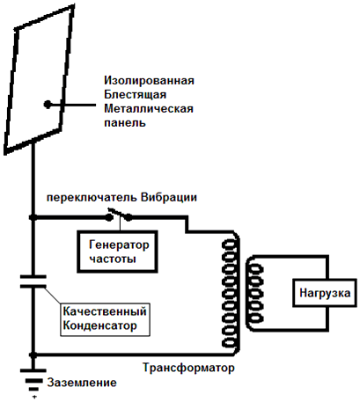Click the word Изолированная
(149, 80)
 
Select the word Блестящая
(136, 94)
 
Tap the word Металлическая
(149, 108)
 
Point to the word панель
(125, 122)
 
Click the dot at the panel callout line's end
(48, 105)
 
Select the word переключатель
(92, 198)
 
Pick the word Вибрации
(169, 197)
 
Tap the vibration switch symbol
(119, 215)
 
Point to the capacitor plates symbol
(33, 281)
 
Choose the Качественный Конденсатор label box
(105, 319)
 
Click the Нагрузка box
(325, 293)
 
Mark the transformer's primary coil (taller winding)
(231, 294)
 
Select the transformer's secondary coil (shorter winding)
(254, 294)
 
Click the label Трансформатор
(188, 368)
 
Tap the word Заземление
(82, 383)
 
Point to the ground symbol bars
(33, 381)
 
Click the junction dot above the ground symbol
(33, 354)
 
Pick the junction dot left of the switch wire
(33, 217)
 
